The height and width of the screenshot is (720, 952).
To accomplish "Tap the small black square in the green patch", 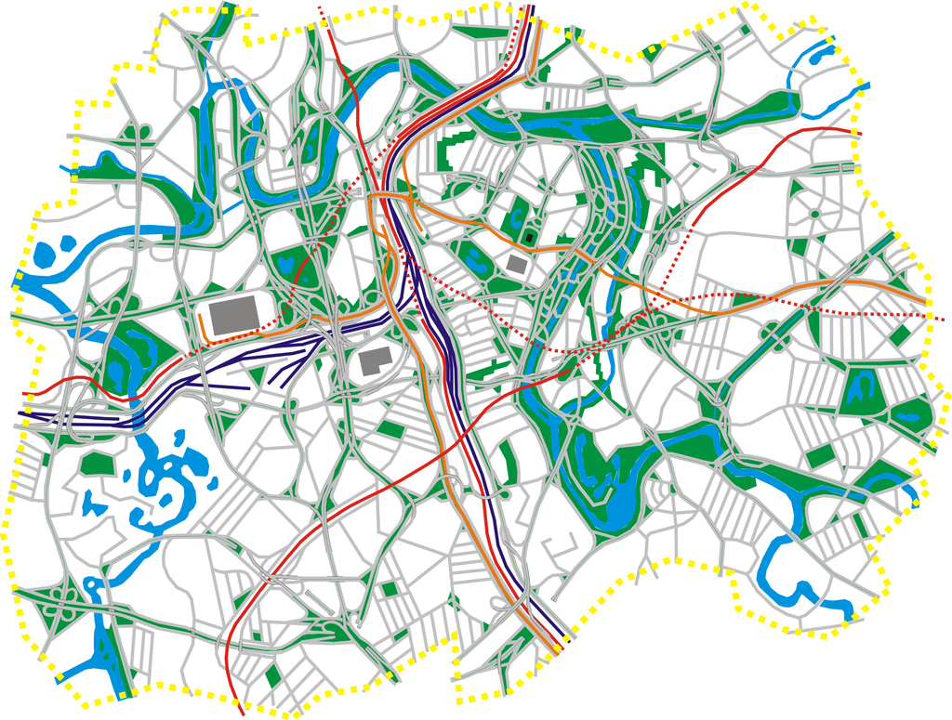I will pos(529,239).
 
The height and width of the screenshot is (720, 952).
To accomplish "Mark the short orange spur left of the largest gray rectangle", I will pos(202,327).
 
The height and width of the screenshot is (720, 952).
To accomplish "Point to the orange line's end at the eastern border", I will pos(927,301).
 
